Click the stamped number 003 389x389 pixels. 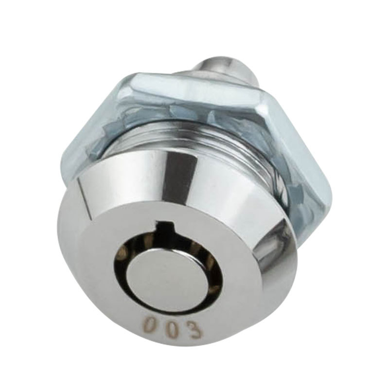click(x=173, y=327)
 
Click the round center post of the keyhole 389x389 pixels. click(x=164, y=271)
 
